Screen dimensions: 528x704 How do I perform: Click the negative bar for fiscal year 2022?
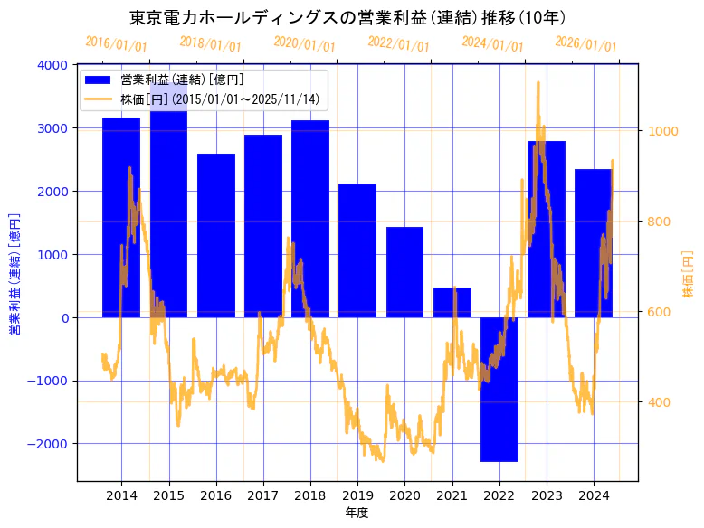[x=499, y=389]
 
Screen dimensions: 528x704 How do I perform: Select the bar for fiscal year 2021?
[x=452, y=302]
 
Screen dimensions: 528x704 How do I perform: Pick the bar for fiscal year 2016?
[x=216, y=235]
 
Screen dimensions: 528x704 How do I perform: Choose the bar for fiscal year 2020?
[x=404, y=271]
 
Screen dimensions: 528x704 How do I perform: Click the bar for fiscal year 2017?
[x=263, y=226]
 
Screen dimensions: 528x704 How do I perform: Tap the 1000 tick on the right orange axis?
[x=662, y=131]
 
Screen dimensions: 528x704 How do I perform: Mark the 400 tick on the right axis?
[x=659, y=402]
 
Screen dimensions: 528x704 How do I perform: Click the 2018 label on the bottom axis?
[x=310, y=495]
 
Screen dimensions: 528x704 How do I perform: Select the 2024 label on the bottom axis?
[x=594, y=495]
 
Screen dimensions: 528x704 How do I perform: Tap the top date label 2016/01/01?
[x=116, y=44]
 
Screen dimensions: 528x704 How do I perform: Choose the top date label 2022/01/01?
[x=398, y=44]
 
